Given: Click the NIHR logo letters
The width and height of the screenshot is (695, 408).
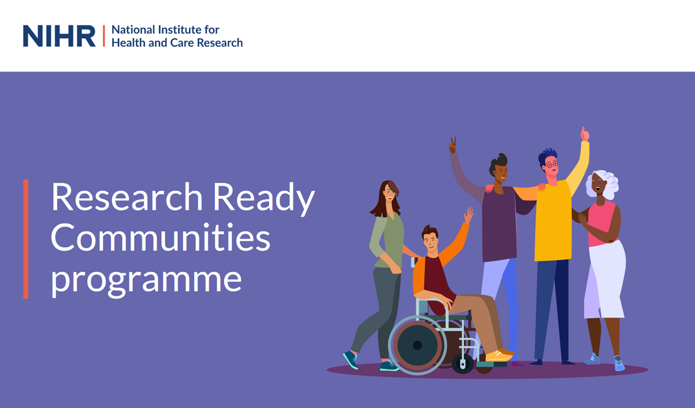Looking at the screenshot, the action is tap(60, 36).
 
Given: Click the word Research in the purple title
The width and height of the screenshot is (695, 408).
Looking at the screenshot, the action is tap(127, 196).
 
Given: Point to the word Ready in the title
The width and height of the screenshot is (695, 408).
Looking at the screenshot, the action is tap(264, 199).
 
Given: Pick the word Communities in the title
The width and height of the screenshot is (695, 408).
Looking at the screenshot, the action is tap(161, 238).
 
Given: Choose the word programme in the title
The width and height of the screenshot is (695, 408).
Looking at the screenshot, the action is tap(146, 280).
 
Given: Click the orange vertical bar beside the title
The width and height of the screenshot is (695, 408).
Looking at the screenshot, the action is tap(26, 239).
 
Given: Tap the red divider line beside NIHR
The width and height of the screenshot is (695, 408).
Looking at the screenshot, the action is tap(104, 36).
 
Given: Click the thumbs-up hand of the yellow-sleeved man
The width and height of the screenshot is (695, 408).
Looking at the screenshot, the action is tap(585, 134).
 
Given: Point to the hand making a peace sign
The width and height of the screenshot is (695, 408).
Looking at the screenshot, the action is tap(453, 145).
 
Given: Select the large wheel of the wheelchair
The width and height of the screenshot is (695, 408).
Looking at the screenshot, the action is tap(417, 345).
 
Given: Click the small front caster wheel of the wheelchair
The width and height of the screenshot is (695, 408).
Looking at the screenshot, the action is tap(463, 364).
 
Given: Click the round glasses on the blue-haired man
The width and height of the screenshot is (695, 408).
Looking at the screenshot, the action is tap(552, 164).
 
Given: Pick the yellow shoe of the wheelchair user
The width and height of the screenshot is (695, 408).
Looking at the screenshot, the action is tap(499, 355).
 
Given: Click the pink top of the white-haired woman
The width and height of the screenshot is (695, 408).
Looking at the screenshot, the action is tap(601, 224).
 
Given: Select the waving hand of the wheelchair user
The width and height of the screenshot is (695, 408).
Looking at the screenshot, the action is tap(469, 215).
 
